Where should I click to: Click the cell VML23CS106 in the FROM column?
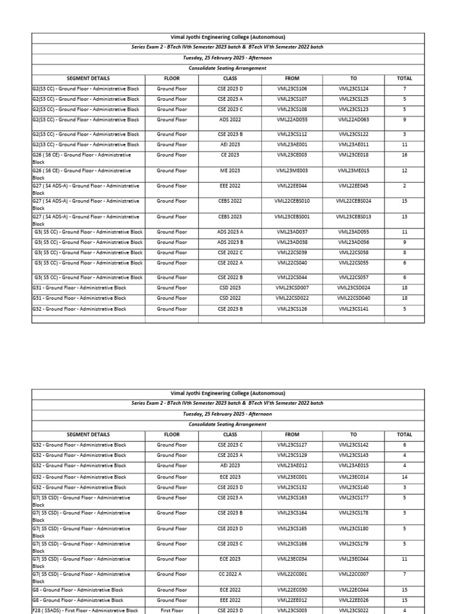coord(292,89)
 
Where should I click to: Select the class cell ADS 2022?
coord(230,120)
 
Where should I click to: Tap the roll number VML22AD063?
coord(353,120)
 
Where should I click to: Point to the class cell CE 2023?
coord(230,155)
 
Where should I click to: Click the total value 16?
coord(405,155)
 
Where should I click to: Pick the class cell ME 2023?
coord(230,171)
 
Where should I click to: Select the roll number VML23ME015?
coord(353,171)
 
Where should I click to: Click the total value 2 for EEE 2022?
coord(405,186)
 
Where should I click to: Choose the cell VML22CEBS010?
coord(292,201)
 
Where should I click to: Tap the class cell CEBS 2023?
coord(230,217)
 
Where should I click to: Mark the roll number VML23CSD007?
coord(292,288)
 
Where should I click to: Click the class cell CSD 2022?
coord(230,298)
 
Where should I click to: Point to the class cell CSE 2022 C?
coord(230,253)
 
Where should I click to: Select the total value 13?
coord(405,217)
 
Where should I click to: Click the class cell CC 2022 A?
coord(230,574)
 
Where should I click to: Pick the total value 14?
coord(405,477)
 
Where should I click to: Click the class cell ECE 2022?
coord(230,590)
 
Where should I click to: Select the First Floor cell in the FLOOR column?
coord(172,610)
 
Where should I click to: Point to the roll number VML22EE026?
coord(353,600)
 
